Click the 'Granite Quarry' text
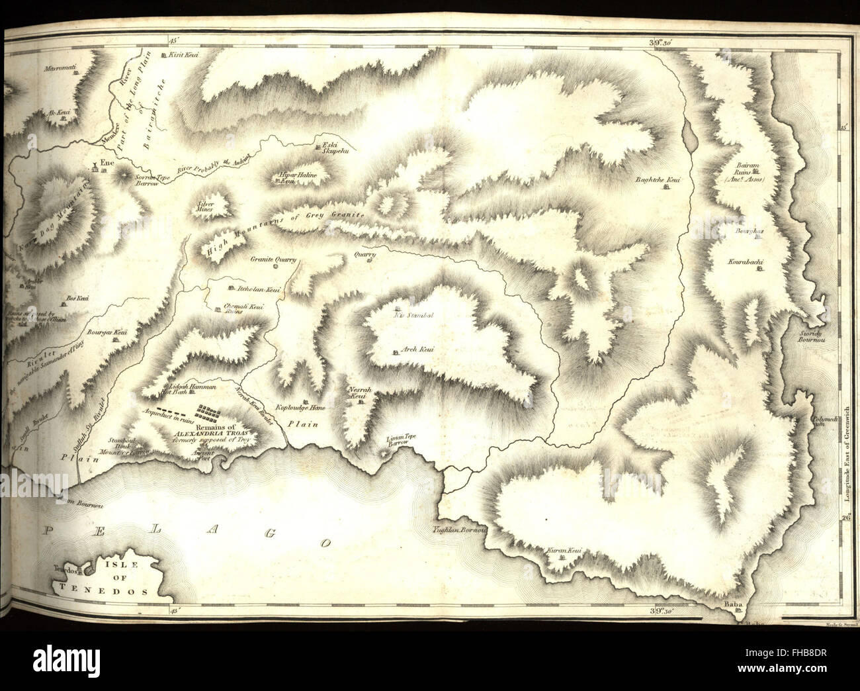[x=273, y=260]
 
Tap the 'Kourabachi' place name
[x=747, y=263]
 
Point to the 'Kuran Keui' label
[x=563, y=551]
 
